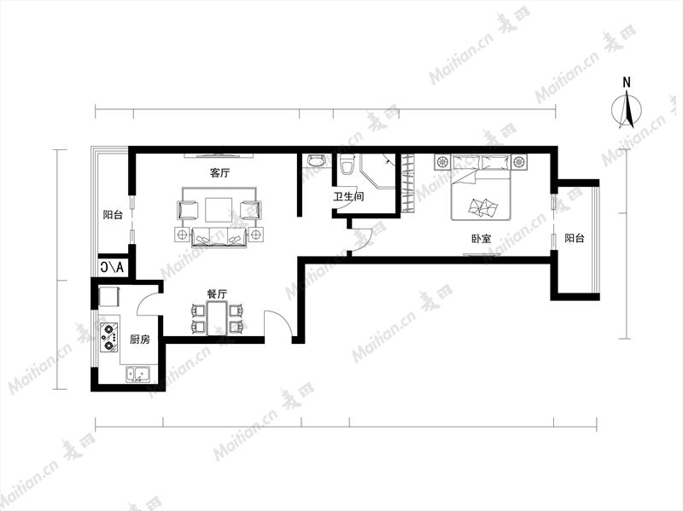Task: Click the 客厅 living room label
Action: [x=220, y=173]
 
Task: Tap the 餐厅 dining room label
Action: [x=217, y=294]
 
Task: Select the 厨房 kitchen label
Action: [x=140, y=339]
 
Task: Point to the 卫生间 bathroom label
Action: [x=348, y=196]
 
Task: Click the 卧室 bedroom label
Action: [x=482, y=239]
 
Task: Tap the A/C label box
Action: [x=113, y=267]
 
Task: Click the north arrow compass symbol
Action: [x=627, y=107]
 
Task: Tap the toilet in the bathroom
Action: [x=347, y=164]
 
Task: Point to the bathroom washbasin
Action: [x=316, y=160]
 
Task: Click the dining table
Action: [x=217, y=318]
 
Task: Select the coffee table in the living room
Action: [x=219, y=210]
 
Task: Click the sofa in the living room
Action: [x=219, y=237]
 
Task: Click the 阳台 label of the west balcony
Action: [x=113, y=215]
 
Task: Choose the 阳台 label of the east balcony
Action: [x=575, y=238]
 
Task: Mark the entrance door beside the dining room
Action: [x=279, y=323]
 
